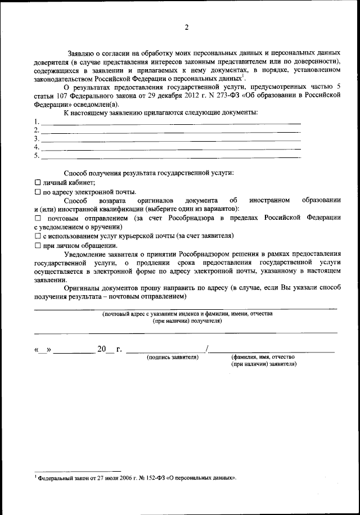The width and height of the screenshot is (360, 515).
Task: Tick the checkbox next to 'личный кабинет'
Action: tap(38, 183)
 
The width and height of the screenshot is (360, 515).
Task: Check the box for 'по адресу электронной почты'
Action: tap(38, 192)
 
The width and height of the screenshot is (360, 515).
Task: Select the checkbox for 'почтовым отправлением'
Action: tap(38, 218)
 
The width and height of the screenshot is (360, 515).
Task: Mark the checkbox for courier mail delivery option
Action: tap(38, 236)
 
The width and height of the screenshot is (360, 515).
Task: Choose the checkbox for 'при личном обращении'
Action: tap(38, 246)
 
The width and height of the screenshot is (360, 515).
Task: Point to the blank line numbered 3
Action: tap(169, 139)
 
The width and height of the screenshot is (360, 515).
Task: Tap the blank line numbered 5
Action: tap(169, 156)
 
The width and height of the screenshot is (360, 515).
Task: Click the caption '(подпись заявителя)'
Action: tap(172, 357)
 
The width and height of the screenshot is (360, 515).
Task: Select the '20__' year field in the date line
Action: tap(105, 349)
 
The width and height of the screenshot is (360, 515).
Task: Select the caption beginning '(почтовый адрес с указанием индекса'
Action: tap(187, 314)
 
